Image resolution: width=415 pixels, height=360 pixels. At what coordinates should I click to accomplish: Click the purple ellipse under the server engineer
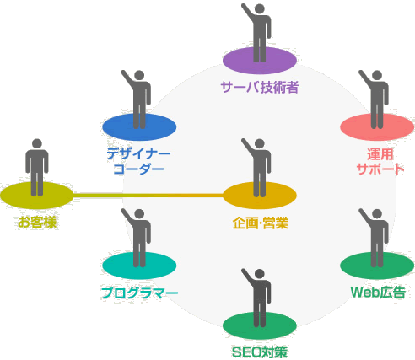(260, 61)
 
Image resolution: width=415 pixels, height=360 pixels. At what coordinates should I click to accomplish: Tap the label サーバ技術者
(260, 87)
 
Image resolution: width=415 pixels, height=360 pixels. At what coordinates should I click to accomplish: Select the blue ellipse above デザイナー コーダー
(139, 127)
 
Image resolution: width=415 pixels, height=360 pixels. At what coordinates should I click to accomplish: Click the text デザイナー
(138, 154)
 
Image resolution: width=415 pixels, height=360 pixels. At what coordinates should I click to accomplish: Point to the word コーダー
(138, 169)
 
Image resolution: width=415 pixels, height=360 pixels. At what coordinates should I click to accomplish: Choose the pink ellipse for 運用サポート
(377, 127)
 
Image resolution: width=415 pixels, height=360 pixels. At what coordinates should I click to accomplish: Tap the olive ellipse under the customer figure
(37, 196)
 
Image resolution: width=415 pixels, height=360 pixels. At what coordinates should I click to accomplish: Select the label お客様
(37, 223)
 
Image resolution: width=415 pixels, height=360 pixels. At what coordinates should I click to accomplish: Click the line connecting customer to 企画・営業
(148, 195)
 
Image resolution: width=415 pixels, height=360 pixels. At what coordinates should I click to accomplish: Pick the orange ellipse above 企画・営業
(260, 196)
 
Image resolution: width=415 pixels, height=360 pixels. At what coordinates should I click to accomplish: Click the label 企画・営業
(261, 223)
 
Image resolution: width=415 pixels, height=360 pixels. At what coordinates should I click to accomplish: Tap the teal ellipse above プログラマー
(139, 266)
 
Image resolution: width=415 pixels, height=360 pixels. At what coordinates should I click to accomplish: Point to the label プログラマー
(140, 293)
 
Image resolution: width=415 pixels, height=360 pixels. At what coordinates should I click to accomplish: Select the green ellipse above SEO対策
(260, 325)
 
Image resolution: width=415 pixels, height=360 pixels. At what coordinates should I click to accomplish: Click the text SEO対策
(260, 352)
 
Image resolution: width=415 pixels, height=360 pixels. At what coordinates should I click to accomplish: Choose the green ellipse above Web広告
(377, 266)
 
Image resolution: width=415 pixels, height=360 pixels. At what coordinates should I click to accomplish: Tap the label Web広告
(378, 293)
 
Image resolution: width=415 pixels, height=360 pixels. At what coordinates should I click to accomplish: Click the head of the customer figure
(37, 143)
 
